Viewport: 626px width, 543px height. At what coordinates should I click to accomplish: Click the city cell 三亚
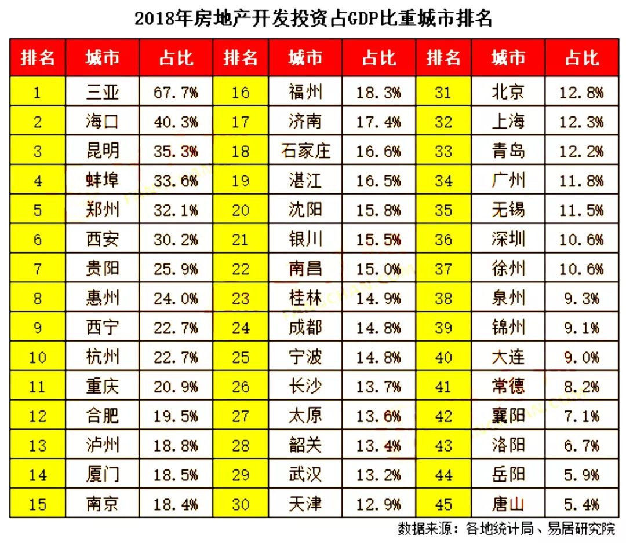click(x=103, y=92)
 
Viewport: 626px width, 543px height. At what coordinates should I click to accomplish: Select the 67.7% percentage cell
click(x=176, y=92)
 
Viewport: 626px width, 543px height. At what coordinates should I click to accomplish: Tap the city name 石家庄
click(x=305, y=151)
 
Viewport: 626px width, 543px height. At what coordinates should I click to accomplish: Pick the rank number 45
click(x=443, y=504)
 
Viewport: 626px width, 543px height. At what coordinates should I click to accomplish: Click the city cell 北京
click(x=508, y=92)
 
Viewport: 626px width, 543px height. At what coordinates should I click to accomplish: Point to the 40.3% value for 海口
click(x=176, y=122)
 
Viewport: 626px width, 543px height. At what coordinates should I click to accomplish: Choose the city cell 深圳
click(x=508, y=239)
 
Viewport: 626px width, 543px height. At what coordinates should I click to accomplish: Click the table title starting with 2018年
click(x=313, y=19)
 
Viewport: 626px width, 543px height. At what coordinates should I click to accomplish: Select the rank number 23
click(x=241, y=298)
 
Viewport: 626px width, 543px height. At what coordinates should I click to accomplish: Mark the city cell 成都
click(x=305, y=328)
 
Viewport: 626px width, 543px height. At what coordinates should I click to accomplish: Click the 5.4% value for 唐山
click(x=581, y=504)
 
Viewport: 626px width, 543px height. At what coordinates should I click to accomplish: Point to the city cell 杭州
click(x=103, y=357)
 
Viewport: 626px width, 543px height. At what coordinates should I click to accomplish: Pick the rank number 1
click(x=38, y=92)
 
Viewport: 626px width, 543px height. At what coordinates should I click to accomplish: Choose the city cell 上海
click(x=508, y=122)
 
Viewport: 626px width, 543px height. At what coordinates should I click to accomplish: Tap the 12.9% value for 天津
click(x=378, y=504)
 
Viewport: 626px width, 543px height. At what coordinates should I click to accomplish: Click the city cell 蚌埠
click(x=103, y=181)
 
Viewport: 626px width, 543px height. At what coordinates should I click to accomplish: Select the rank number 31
click(x=443, y=92)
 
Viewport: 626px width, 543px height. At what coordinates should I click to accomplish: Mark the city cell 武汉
click(x=305, y=475)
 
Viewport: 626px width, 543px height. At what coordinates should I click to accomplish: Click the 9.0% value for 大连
click(x=581, y=357)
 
